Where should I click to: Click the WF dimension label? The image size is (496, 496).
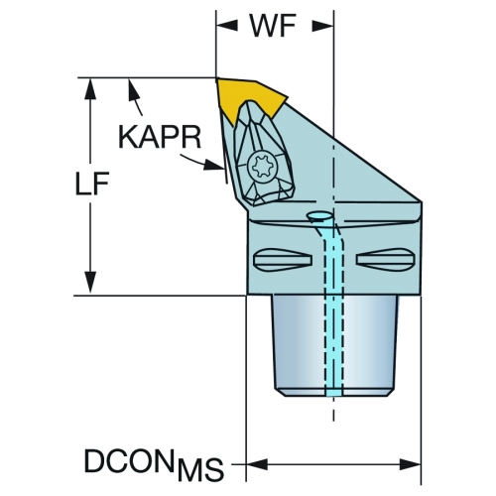[273, 26]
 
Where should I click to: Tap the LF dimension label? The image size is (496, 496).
[92, 184]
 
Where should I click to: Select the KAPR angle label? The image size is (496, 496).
[160, 137]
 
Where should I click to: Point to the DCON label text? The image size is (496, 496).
[129, 460]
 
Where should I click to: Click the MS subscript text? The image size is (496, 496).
[200, 469]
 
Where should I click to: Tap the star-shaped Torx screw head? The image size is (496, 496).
[263, 167]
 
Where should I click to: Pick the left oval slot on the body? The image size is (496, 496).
[283, 260]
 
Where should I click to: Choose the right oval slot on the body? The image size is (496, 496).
[385, 260]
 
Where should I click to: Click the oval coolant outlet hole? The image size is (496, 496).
[319, 216]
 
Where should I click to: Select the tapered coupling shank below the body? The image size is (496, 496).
[334, 345]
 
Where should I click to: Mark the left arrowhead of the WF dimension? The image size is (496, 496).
[227, 26]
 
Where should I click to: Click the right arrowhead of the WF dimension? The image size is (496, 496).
[322, 26]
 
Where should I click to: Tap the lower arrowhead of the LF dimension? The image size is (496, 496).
[90, 283]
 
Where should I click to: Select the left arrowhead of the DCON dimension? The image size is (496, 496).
[257, 464]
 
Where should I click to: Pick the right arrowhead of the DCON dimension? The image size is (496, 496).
[410, 464]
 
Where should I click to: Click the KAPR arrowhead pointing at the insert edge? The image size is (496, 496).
[213, 165]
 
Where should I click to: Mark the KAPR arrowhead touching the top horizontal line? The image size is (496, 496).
[133, 88]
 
